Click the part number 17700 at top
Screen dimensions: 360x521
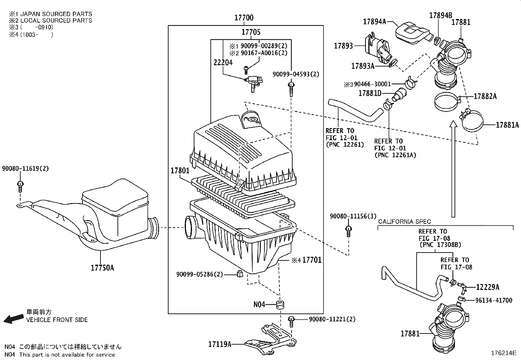(x=244, y=18)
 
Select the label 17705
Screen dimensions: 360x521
(x=251, y=32)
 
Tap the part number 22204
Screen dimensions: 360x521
(x=223, y=62)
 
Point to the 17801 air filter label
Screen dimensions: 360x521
(x=180, y=171)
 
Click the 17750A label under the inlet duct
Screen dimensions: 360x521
(x=102, y=268)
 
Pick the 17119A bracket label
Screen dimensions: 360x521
(x=220, y=344)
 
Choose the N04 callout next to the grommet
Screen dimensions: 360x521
(x=259, y=305)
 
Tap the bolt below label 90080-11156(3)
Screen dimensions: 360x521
(x=349, y=231)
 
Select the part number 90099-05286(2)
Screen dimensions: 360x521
(x=199, y=274)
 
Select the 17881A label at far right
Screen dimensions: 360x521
(x=507, y=125)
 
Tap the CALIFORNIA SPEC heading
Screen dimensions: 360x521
(x=404, y=222)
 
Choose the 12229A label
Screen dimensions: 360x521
(x=488, y=287)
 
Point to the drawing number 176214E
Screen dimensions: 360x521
(x=503, y=353)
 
